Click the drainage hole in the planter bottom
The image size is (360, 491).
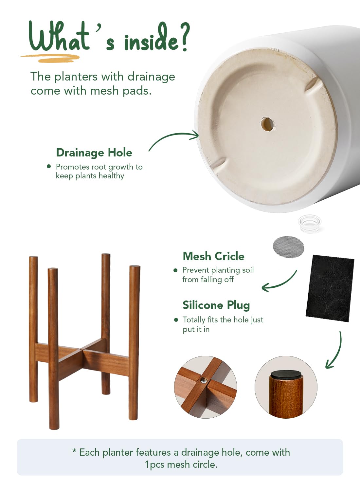(x=267, y=124)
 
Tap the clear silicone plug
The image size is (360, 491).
(x=309, y=224)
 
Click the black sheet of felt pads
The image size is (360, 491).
(x=330, y=288)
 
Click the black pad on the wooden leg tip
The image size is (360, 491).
(x=286, y=374)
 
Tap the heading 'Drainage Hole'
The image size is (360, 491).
(x=94, y=153)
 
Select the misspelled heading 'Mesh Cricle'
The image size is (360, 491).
(x=214, y=256)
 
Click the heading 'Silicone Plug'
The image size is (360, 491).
(x=216, y=305)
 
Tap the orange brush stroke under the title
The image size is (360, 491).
(x=50, y=58)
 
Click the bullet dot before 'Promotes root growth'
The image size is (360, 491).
(x=49, y=166)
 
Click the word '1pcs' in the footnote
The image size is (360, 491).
(x=154, y=465)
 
